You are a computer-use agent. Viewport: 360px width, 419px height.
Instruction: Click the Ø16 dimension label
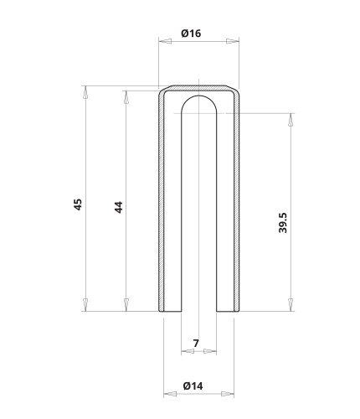[x=191, y=34]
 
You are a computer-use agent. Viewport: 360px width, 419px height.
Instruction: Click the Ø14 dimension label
[x=193, y=386]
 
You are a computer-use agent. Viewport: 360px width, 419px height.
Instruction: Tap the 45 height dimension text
[x=78, y=204]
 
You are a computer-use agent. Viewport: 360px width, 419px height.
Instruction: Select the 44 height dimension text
[x=119, y=207]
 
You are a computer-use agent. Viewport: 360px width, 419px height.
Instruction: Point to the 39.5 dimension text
[x=283, y=223]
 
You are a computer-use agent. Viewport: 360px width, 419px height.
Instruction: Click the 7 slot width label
[x=196, y=343]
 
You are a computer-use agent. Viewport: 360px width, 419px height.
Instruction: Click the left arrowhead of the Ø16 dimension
[x=165, y=41]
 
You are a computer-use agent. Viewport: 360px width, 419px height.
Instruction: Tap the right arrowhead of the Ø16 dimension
[x=233, y=41]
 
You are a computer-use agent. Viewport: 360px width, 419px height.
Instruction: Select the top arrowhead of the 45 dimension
[x=85, y=92]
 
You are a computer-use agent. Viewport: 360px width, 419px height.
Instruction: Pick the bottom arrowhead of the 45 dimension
[x=85, y=305]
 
